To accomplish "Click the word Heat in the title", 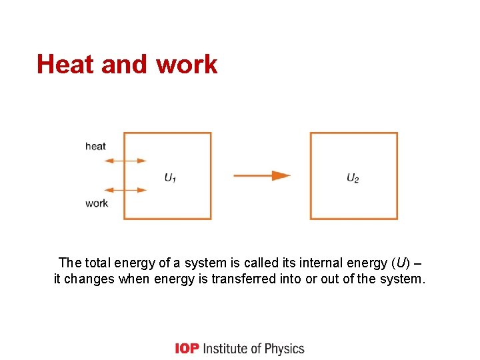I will point(66,64).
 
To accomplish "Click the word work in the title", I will point(187,64).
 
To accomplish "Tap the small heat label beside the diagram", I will point(95,146).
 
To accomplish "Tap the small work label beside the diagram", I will point(96,203).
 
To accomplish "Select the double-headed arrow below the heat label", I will point(125,161).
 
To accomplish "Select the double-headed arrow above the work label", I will point(125,190).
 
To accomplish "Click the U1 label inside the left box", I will point(170,177).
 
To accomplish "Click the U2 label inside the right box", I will point(353,177).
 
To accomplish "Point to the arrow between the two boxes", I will point(261,176).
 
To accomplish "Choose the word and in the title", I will point(124,64).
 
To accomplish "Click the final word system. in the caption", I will point(401,279).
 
